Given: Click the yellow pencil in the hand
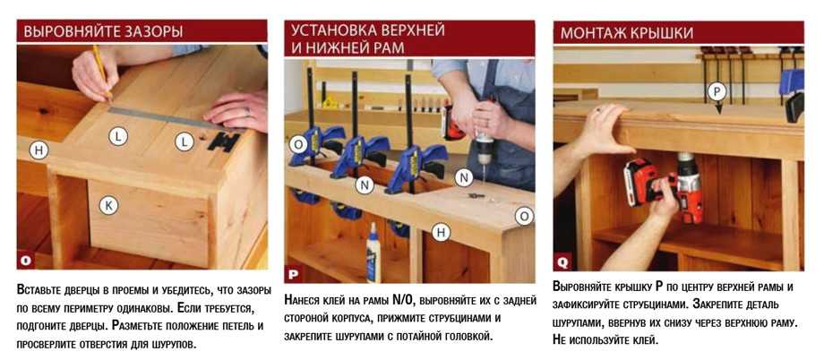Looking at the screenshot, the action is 102,73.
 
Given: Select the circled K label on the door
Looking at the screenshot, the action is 108,205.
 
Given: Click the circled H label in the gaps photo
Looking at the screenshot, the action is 39,150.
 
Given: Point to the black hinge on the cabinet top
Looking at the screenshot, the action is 224,141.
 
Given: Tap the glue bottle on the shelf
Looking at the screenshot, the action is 373,253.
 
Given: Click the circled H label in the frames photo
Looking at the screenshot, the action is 441,232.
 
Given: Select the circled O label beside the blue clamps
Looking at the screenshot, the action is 297,144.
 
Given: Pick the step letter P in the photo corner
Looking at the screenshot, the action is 292,274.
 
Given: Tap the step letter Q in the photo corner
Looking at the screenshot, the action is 562,262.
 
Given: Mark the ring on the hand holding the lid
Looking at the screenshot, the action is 597,110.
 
